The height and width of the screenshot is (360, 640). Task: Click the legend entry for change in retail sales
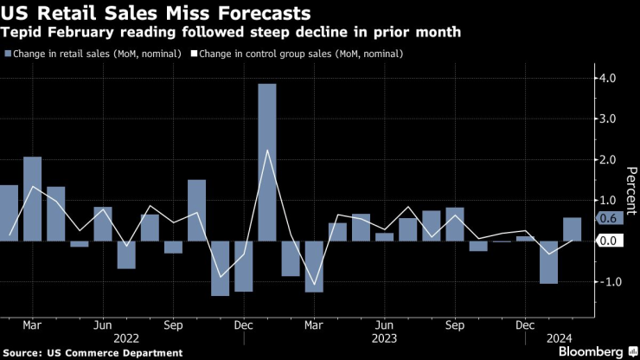[93, 55]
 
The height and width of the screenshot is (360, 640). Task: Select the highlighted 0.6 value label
[607, 220]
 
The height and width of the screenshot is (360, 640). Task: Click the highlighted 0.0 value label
[607, 241]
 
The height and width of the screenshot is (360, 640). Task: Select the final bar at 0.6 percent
[572, 229]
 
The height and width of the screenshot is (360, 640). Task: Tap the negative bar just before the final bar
[548, 262]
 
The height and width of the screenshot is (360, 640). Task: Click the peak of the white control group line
[267, 151]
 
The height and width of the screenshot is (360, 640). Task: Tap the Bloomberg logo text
[592, 352]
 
